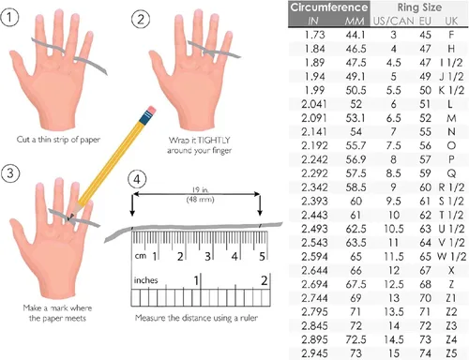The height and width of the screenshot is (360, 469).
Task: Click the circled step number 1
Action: coord(9,17)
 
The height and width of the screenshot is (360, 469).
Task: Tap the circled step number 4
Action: coord(137,179)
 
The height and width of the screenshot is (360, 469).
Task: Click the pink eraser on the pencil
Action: coord(151,111)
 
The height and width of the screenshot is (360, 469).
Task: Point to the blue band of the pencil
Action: coord(145,118)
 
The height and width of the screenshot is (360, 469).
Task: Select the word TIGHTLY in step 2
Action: coord(214,140)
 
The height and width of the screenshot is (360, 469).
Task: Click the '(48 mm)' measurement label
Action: coord(200,200)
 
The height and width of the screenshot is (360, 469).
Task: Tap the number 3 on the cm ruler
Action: coord(208,257)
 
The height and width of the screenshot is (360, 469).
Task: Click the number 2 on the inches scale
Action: coord(265,280)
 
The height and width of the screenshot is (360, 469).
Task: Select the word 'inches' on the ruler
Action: coord(145,280)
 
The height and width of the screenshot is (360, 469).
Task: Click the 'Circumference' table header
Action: coord(329,7)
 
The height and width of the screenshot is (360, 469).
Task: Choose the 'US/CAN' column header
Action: coord(394,22)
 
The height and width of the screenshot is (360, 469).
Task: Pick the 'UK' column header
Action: coord(451,22)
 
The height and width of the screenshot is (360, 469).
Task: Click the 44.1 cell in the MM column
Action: coord(356,35)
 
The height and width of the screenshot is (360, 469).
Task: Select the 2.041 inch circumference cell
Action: coord(314,104)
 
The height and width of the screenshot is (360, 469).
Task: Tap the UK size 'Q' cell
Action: coord(451,173)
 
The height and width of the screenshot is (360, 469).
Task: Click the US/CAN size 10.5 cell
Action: coord(394,229)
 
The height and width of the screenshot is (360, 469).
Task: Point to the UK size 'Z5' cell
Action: coord(451,353)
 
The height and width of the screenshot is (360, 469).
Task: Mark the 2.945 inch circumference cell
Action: coord(314,353)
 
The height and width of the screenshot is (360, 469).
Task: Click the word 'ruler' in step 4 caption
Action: coord(249,318)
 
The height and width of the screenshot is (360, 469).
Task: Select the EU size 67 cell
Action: coord(425,270)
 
